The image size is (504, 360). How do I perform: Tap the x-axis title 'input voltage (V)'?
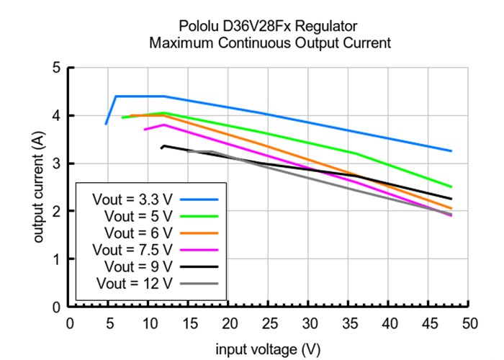point(268,350)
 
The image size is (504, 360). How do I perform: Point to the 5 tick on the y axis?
point(55,68)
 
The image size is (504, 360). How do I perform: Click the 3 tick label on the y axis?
point(55,164)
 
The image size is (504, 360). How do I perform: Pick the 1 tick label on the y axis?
point(55,259)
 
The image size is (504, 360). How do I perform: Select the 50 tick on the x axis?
point(469,323)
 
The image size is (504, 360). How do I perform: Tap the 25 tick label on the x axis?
point(269,323)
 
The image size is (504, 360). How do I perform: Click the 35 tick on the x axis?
point(349,323)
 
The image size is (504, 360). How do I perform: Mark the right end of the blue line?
point(451,151)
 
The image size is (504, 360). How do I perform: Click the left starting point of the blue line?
point(106,124)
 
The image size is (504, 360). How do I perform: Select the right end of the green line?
point(451,187)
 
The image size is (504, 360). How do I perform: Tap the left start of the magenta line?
point(145,130)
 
